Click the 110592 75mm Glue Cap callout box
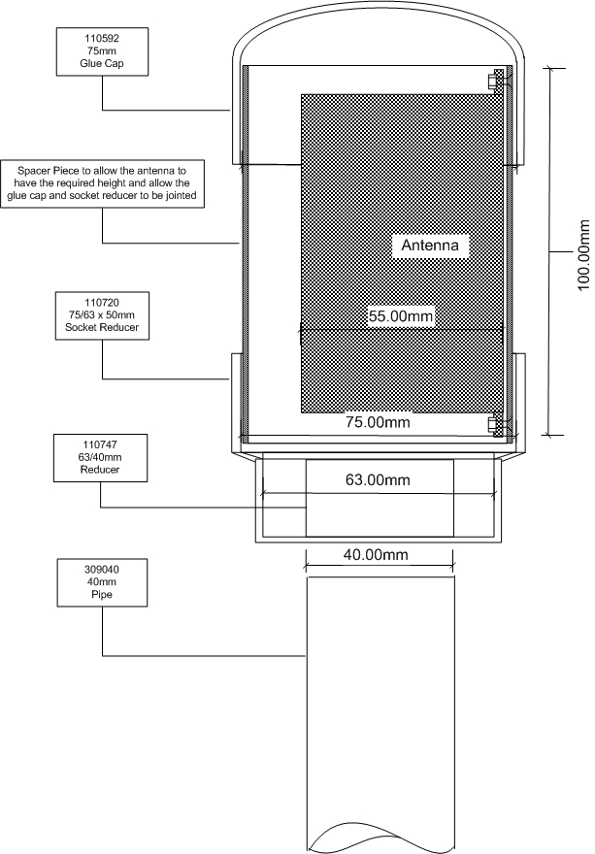point(103,51)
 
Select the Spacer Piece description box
point(103,183)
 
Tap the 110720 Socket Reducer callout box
point(102,316)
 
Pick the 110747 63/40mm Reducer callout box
point(100,458)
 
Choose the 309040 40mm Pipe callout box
point(102,582)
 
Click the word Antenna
point(430,246)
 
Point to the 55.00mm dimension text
point(401,316)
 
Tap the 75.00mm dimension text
point(378,422)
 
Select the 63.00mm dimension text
point(378,479)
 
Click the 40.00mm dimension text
point(376,555)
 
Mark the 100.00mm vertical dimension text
point(583,255)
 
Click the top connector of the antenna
point(498,80)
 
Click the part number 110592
point(102,39)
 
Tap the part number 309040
point(102,570)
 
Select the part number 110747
point(100,445)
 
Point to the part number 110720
point(102,303)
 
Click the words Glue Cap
point(102,64)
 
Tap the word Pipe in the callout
point(102,594)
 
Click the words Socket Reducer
point(102,327)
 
